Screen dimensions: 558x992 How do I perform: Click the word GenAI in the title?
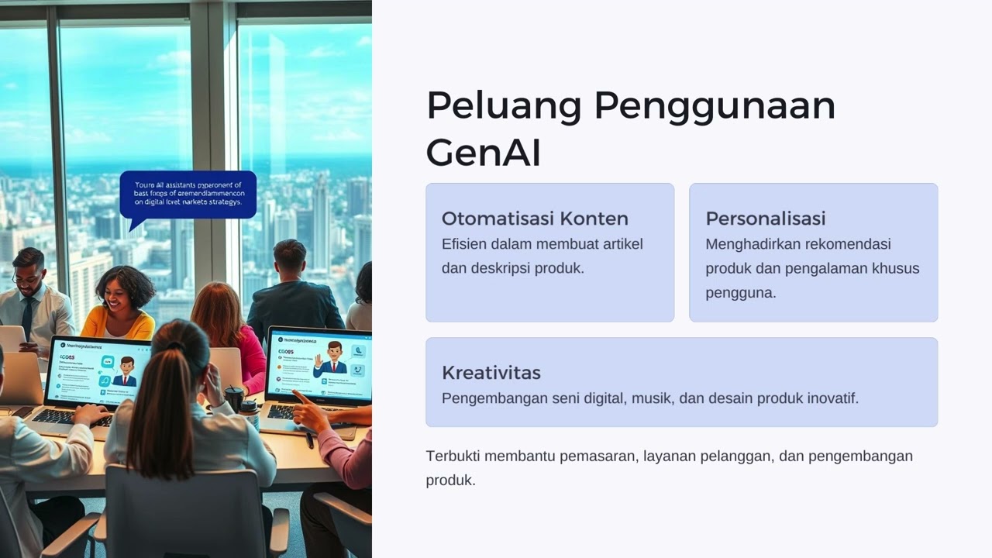tap(483, 153)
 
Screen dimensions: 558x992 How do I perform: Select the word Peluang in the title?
tap(503, 105)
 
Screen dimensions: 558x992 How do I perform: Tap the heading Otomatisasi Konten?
tap(535, 218)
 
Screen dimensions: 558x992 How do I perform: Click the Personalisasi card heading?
tap(765, 218)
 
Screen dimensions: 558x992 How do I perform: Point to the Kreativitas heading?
tap(491, 372)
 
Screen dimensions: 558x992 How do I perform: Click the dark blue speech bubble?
tap(188, 195)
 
